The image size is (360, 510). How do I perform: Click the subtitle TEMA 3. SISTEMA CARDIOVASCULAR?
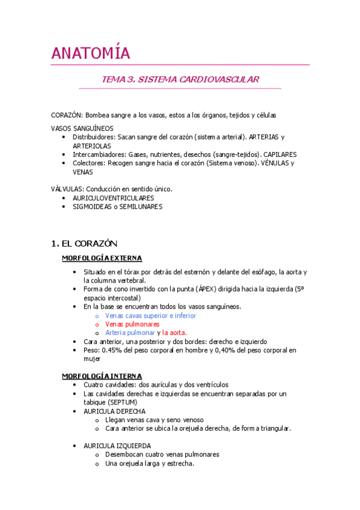pyautogui.click(x=180, y=79)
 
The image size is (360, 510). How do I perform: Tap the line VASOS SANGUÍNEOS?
pyautogui.click(x=82, y=128)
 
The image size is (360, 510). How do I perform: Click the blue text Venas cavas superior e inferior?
pyautogui.click(x=150, y=315)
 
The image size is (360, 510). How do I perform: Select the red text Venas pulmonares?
pyautogui.click(x=129, y=324)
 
